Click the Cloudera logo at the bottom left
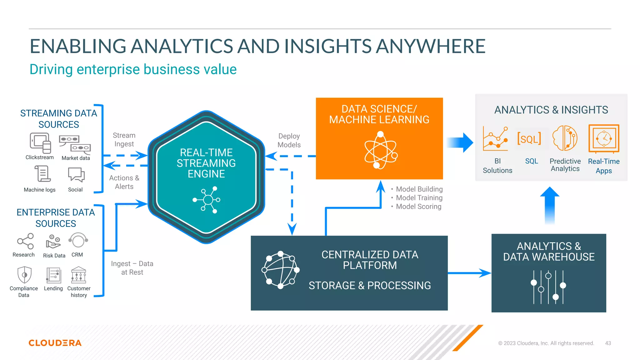click(x=55, y=343)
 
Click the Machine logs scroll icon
click(x=42, y=174)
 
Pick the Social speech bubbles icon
click(x=76, y=174)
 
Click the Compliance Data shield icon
click(x=24, y=275)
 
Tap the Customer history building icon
click(x=78, y=275)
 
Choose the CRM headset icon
click(x=78, y=240)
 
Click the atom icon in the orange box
click(x=380, y=150)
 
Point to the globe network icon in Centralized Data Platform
click(x=280, y=270)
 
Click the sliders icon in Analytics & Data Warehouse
click(x=548, y=287)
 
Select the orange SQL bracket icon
click(x=529, y=138)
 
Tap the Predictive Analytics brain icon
click(x=565, y=138)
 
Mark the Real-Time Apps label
click(x=604, y=166)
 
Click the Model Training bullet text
click(x=419, y=198)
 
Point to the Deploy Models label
click(x=289, y=140)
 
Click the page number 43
click(x=608, y=343)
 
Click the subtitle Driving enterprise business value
click(x=133, y=69)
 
